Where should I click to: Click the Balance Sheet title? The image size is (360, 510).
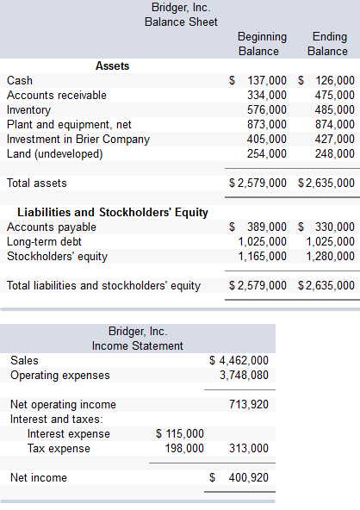pyautogui.click(x=181, y=22)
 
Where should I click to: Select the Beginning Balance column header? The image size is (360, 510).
pyautogui.click(x=262, y=44)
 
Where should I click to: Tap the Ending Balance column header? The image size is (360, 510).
pyautogui.click(x=327, y=44)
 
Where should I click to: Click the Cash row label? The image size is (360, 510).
pyautogui.click(x=20, y=80)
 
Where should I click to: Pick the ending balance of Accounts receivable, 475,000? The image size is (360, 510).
pyautogui.click(x=334, y=95)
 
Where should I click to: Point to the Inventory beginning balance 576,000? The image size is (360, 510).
pyautogui.click(x=267, y=109)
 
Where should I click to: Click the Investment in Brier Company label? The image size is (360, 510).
pyautogui.click(x=78, y=139)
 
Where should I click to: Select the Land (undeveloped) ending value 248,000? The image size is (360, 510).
pyautogui.click(x=334, y=153)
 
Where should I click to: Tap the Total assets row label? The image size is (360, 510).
pyautogui.click(x=36, y=183)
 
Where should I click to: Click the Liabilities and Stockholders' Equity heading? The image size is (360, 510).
pyautogui.click(x=113, y=212)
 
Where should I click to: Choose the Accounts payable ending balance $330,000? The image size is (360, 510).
pyautogui.click(x=327, y=227)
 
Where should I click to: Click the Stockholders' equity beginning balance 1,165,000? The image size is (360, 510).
pyautogui.click(x=262, y=256)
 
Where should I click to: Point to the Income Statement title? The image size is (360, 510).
pyautogui.click(x=138, y=345)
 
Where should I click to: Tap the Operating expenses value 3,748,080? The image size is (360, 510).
pyautogui.click(x=244, y=375)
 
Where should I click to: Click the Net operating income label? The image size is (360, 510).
pyautogui.click(x=63, y=404)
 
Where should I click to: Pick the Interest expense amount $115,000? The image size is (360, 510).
pyautogui.click(x=180, y=433)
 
